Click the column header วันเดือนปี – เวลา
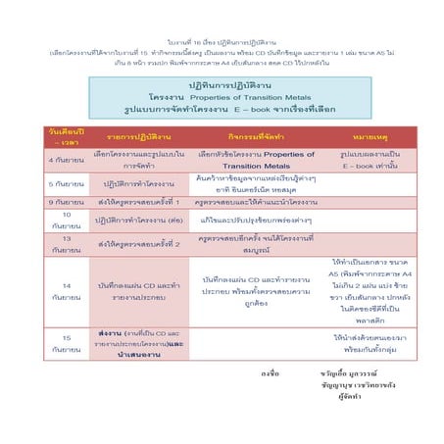(x=66, y=135)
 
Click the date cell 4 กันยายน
(x=66, y=161)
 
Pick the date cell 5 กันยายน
(x=66, y=183)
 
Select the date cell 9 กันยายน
(x=66, y=201)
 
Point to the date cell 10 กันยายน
(x=66, y=219)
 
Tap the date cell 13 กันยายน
(x=66, y=243)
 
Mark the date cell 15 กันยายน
(x=66, y=342)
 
